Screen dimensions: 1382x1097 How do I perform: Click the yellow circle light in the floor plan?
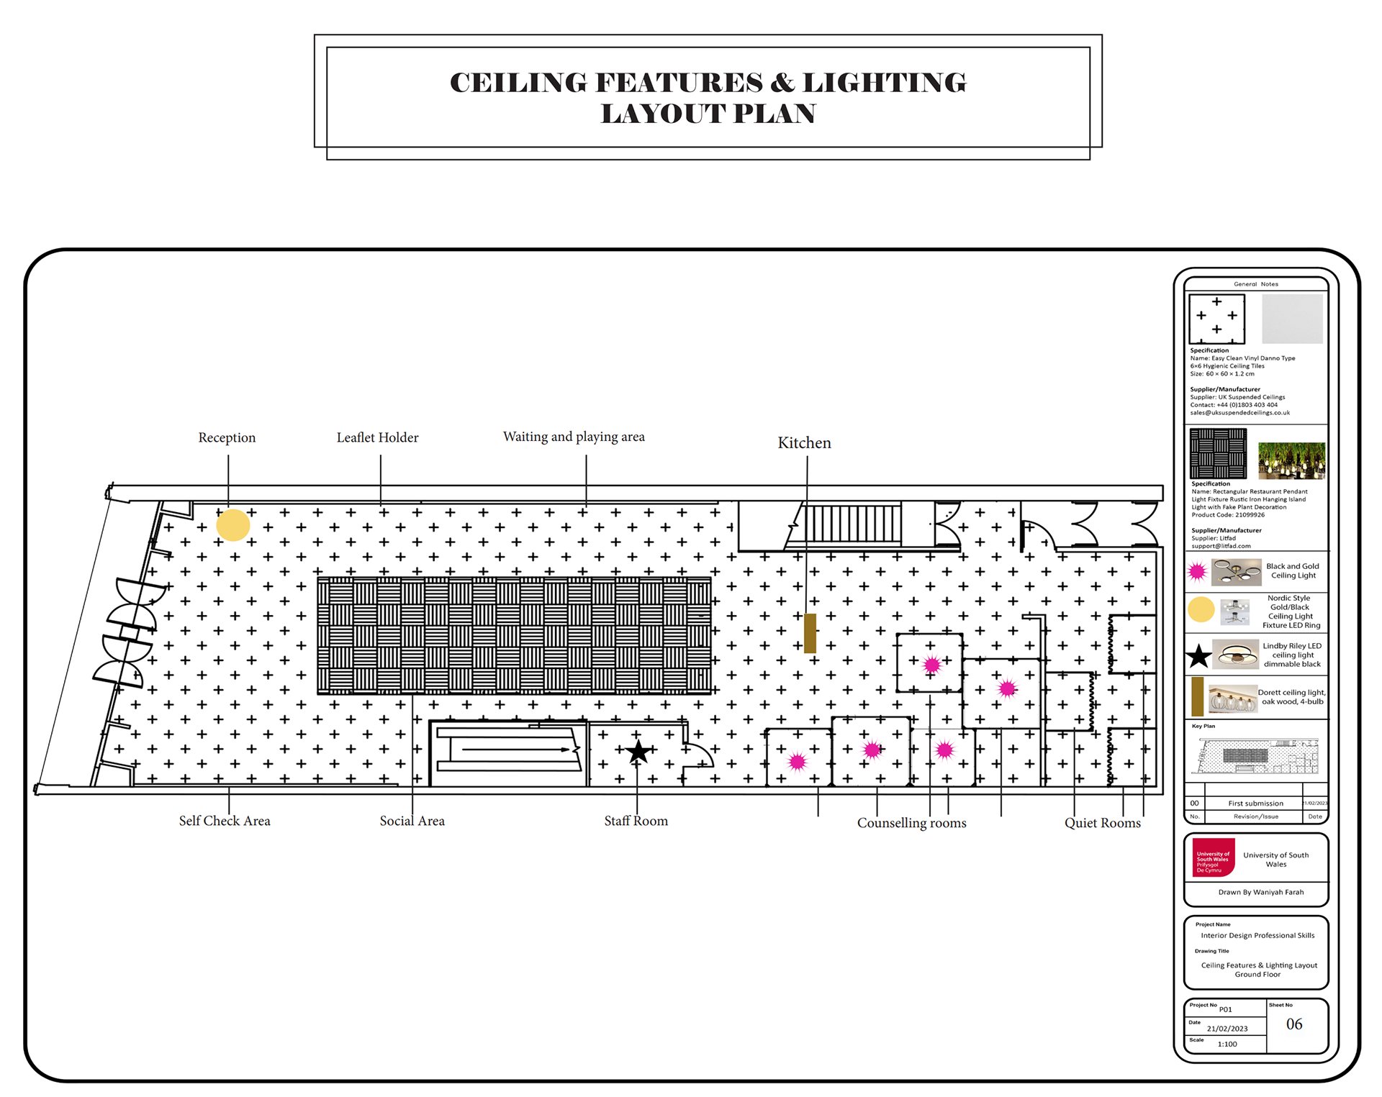tap(233, 525)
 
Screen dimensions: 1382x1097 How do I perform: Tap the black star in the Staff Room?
tap(638, 752)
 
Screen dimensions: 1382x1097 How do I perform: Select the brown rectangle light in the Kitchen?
tap(810, 633)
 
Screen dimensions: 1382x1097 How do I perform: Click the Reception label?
tap(227, 437)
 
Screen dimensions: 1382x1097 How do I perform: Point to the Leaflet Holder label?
tap(377, 437)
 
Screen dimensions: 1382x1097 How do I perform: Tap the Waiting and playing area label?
tap(574, 437)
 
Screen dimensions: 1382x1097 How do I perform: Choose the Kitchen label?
tap(804, 442)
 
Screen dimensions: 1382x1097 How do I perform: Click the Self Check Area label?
tap(225, 821)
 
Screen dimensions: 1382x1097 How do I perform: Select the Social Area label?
tap(412, 821)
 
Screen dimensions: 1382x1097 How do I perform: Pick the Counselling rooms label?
tap(911, 823)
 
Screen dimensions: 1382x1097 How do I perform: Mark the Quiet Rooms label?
tap(1102, 823)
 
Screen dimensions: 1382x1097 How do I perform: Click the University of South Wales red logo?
tap(1214, 857)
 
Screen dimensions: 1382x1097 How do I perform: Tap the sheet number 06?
tap(1294, 1024)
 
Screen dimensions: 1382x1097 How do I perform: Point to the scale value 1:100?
tap(1227, 1044)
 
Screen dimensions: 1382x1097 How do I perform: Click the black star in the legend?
tap(1198, 656)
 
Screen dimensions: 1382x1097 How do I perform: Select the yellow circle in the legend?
tap(1201, 610)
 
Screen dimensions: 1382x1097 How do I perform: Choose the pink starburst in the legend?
tap(1197, 572)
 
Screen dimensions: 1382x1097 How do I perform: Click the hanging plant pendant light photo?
tap(1291, 460)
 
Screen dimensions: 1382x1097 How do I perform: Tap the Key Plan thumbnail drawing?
tap(1256, 756)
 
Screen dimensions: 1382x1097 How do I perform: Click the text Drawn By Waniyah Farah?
tap(1260, 892)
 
